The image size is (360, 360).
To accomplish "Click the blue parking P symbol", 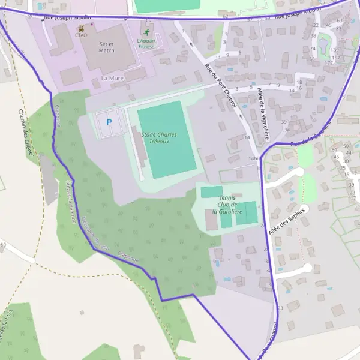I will (109, 122).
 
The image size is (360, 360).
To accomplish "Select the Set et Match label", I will (106, 47).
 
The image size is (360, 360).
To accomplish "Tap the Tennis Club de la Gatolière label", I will (230, 205).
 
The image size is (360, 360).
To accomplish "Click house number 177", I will (329, 62).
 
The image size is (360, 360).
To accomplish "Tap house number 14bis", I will (254, 158).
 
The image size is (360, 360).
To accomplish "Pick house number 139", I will (334, 49).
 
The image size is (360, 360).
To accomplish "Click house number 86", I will (311, 59).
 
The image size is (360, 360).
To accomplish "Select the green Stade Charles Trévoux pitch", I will (167, 139).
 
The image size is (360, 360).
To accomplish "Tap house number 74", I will (313, 49).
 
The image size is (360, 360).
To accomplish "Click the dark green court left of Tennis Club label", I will (211, 192).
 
